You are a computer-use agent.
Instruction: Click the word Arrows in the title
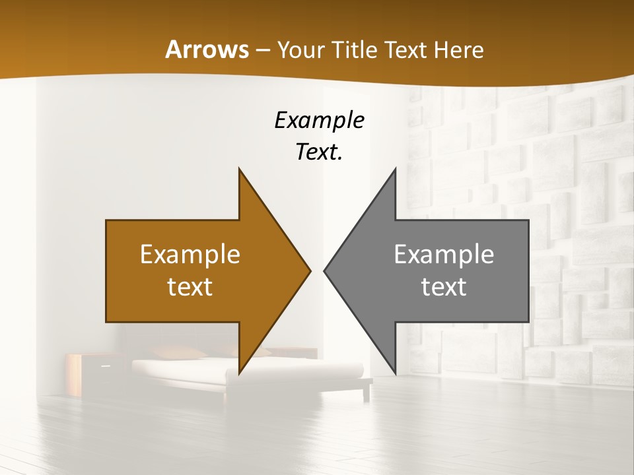point(207,50)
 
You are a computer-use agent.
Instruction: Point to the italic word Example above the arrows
point(319,121)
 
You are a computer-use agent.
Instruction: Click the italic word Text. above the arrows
point(319,152)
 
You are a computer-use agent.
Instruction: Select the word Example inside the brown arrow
point(190,255)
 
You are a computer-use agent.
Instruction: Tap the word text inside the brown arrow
point(190,287)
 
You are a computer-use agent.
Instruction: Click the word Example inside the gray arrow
point(444,255)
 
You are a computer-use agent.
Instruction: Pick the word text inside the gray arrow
point(444,287)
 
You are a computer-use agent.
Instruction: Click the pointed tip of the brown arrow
point(310,270)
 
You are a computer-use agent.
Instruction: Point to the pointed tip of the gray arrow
point(324,270)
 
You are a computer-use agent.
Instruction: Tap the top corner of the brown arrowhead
point(239,169)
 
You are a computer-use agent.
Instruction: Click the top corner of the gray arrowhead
point(395,169)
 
